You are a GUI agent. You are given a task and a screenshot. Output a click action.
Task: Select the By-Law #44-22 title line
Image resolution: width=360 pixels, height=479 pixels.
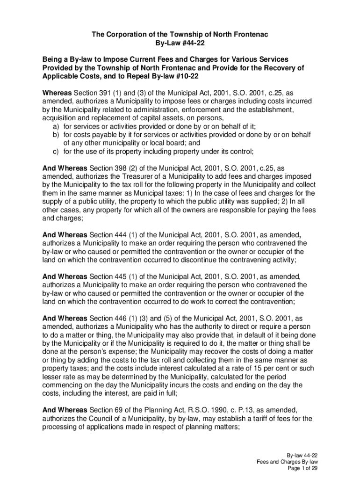[x=180, y=43]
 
